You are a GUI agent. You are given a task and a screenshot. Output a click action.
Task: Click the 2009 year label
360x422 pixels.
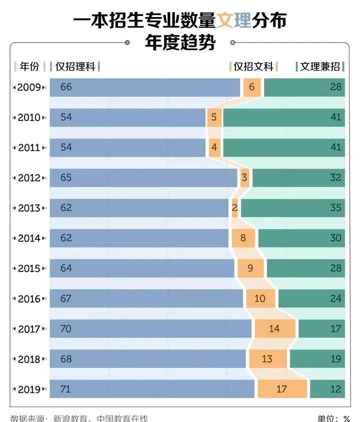[29, 87]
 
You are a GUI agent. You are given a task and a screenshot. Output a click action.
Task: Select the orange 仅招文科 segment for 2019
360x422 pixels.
[281, 388]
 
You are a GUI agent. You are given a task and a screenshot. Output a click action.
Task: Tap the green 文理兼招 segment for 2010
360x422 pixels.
[283, 117]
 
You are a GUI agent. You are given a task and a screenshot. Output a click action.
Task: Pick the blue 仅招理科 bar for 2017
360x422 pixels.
[150, 328]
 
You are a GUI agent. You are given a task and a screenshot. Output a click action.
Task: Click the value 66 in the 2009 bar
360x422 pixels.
[66, 87]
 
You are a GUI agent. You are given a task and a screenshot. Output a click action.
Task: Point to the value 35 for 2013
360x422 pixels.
[335, 208]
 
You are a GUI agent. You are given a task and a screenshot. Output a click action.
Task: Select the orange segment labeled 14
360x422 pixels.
[274, 328]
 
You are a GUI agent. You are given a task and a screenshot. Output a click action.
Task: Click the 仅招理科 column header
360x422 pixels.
[75, 66]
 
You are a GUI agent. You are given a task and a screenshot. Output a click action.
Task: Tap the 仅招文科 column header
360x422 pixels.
[253, 66]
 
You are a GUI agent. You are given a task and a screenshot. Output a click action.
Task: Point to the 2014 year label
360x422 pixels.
[29, 238]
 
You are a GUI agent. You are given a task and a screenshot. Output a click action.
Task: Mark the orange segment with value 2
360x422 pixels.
[235, 208]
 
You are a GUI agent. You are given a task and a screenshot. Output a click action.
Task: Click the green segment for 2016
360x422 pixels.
[311, 298]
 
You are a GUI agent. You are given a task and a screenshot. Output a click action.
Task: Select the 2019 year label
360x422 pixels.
[29, 388]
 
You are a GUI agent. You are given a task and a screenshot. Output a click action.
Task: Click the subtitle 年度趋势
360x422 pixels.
[180, 43]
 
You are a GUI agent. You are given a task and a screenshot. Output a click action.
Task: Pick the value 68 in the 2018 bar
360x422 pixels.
[66, 358]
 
